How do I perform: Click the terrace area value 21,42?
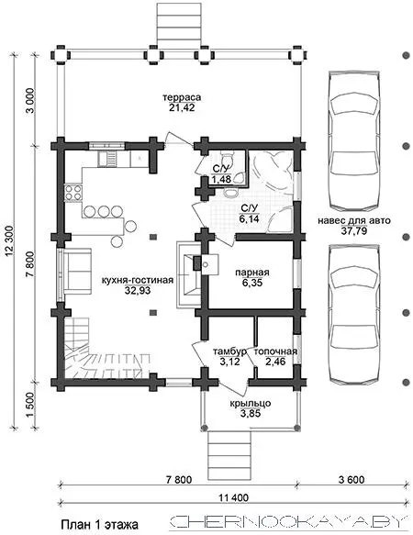click(x=182, y=107)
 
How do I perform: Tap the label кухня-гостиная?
click(x=138, y=281)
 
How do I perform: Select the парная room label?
click(x=252, y=273)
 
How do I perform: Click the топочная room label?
click(x=275, y=351)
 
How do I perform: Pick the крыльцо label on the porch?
click(x=251, y=403)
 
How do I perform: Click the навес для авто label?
click(x=354, y=220)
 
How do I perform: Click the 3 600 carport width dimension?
click(x=352, y=480)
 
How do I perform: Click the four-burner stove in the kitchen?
click(x=73, y=193)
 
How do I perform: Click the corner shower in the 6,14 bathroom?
click(x=281, y=220)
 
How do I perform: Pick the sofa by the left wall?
click(x=77, y=271)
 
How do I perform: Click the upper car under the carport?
click(x=354, y=141)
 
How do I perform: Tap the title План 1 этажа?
click(x=100, y=524)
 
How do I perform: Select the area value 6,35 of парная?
click(x=252, y=284)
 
